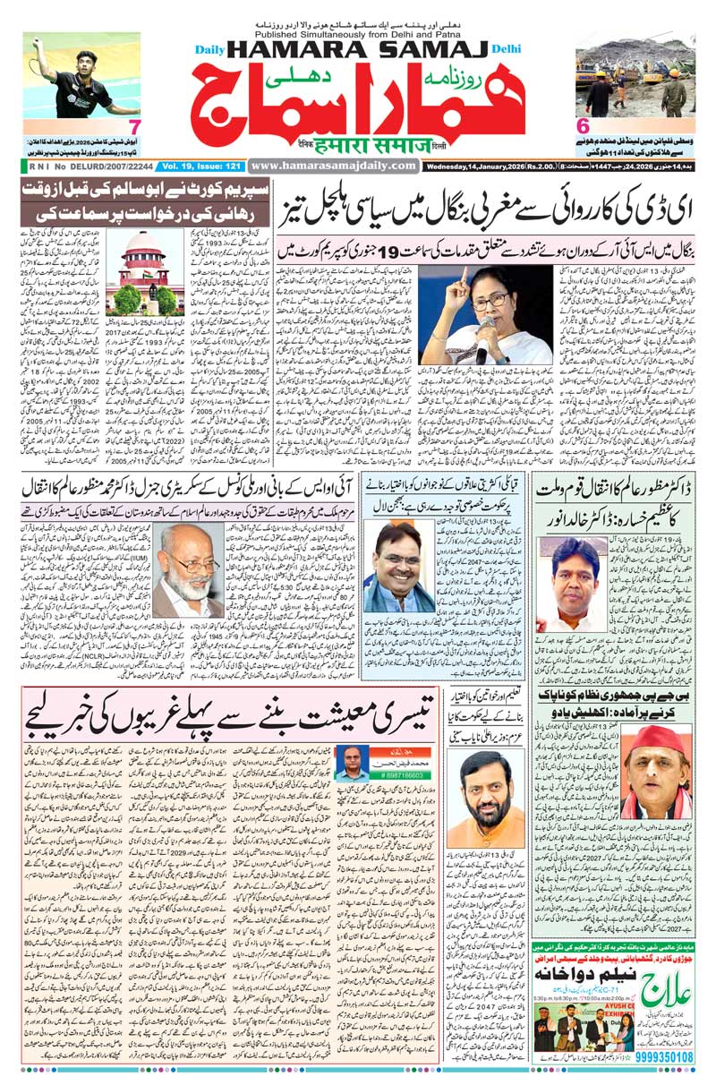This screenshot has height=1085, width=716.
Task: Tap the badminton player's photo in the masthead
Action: [81, 75]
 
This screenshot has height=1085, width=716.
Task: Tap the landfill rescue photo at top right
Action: [635, 75]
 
